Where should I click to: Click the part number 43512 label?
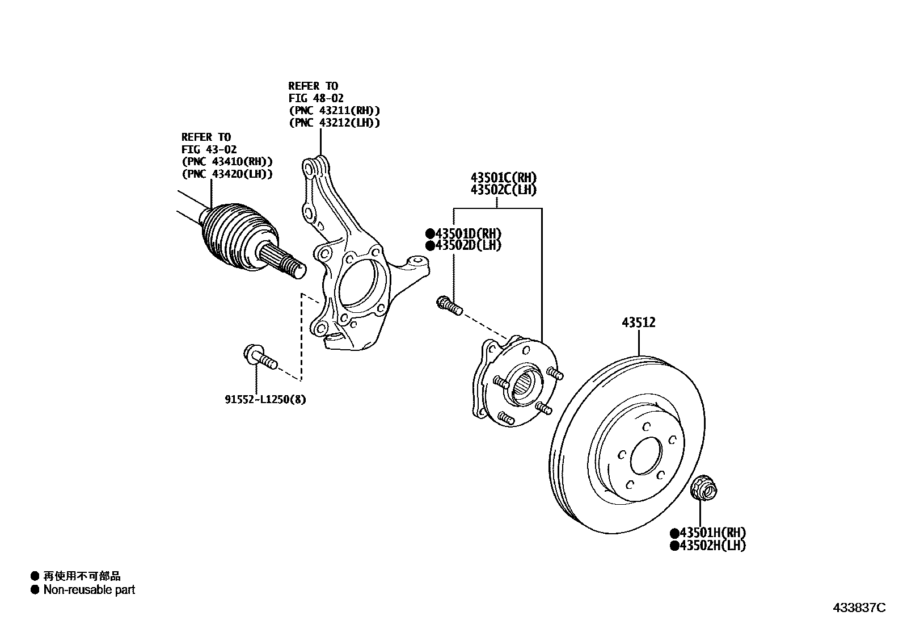[638, 323]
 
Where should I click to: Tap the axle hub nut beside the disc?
[704, 488]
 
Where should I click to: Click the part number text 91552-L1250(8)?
[265, 399]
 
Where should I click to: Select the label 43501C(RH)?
[503, 177]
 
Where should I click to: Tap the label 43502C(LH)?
[503, 190]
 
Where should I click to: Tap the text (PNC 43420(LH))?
[226, 174]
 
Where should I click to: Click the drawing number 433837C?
[858, 608]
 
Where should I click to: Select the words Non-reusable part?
[89, 590]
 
